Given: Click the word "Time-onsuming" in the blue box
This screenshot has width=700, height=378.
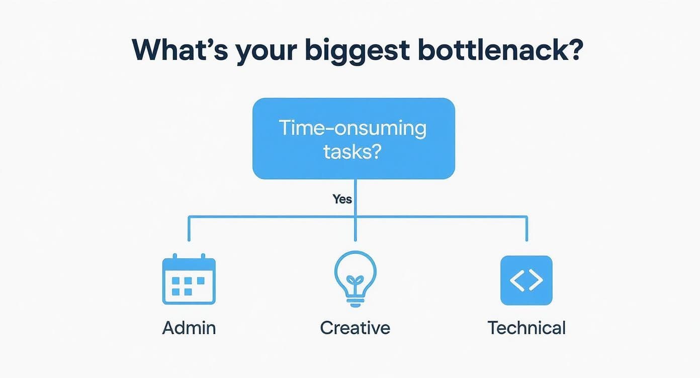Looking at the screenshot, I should (353, 129).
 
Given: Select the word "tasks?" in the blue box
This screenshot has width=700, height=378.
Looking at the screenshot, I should (352, 151).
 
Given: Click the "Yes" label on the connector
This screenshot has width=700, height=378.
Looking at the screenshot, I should (342, 199).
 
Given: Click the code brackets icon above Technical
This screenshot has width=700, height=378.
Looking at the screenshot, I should (526, 280).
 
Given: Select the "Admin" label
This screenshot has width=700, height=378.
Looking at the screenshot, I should (189, 328).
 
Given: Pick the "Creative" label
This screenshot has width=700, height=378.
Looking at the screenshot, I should (355, 328).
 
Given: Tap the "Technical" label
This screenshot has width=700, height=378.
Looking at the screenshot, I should (526, 328).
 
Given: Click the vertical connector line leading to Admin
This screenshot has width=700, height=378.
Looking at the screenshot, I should (189, 229).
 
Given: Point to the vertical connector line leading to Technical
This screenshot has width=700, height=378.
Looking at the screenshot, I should (527, 229).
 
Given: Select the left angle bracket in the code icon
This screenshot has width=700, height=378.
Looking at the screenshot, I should (516, 280).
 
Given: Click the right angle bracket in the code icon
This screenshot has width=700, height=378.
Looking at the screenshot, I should (536, 280).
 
